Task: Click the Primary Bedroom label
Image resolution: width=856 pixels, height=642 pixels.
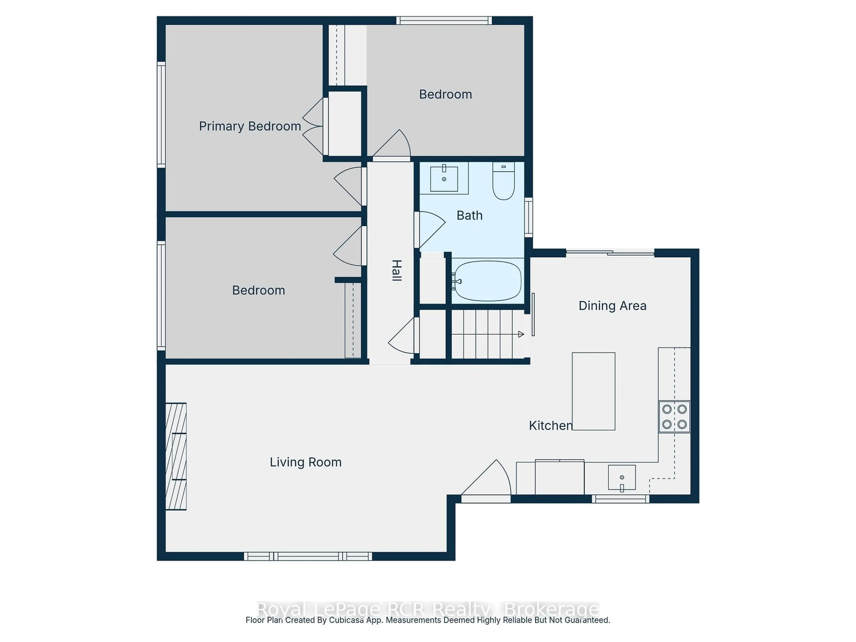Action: point(250,126)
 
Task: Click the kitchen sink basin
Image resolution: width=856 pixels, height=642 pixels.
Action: point(621,477)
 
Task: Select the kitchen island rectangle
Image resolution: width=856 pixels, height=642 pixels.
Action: point(593,391)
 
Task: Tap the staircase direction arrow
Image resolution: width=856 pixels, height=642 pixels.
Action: point(521,334)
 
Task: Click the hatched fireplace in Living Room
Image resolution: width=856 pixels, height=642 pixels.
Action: point(176,456)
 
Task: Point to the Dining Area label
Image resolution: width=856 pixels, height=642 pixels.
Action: point(612,306)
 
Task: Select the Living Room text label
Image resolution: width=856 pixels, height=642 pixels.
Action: point(305,462)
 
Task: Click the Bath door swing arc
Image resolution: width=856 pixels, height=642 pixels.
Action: point(431,228)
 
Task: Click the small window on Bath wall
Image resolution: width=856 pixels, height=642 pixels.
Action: point(528,217)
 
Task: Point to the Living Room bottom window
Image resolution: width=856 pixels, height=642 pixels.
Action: point(308,556)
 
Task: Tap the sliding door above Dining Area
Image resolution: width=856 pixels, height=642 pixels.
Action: point(610,253)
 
